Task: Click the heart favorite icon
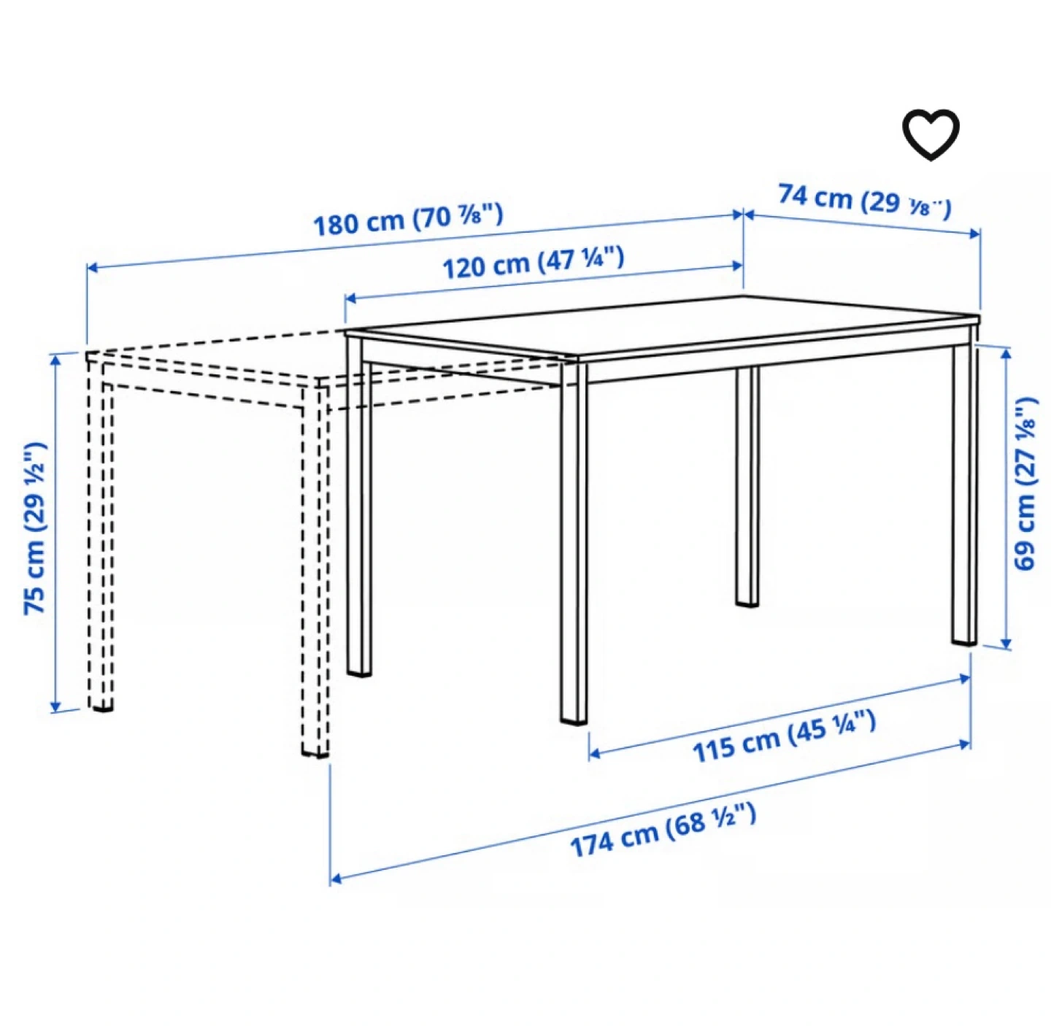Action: point(930,134)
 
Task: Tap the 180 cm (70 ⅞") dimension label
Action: point(408,219)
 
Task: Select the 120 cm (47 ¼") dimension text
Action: point(533,262)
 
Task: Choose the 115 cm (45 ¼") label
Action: point(784,737)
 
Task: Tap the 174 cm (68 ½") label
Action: point(663,831)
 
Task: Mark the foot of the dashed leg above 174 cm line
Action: point(315,752)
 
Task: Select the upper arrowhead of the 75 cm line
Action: point(55,358)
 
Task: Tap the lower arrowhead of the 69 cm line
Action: point(1006,643)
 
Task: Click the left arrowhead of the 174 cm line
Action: point(336,879)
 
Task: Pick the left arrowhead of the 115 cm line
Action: point(594,753)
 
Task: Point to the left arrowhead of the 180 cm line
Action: point(93,267)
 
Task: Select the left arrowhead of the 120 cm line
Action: point(350,298)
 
